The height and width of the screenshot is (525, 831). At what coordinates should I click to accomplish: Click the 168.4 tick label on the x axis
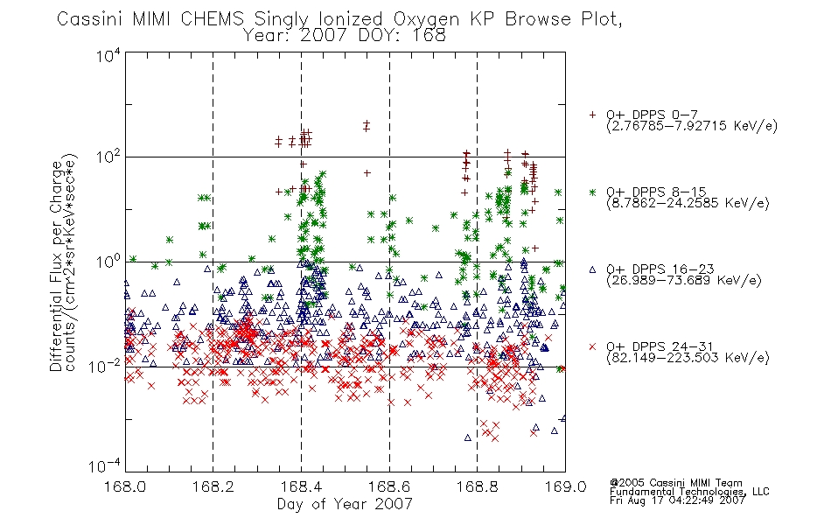(x=301, y=486)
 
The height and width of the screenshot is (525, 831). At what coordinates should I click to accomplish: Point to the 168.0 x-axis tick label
(x=125, y=486)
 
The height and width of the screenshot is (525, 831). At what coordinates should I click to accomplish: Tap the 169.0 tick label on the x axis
(x=565, y=486)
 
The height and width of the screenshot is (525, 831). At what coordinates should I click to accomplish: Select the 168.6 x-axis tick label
(x=388, y=486)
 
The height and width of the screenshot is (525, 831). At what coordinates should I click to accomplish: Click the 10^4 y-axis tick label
(x=109, y=55)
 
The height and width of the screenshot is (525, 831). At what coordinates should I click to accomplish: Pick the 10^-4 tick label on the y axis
(x=106, y=465)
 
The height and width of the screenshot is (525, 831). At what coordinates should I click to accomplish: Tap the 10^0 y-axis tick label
(x=109, y=262)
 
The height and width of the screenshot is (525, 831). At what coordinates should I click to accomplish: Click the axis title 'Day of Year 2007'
(x=345, y=504)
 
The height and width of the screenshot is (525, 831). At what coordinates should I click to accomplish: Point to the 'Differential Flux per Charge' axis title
(x=56, y=266)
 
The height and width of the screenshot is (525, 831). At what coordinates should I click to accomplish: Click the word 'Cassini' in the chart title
(x=90, y=19)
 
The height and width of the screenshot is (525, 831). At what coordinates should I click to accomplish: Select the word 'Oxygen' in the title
(x=426, y=19)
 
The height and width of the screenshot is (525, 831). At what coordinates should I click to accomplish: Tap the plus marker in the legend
(x=592, y=115)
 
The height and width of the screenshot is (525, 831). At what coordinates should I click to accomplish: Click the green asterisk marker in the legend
(x=592, y=192)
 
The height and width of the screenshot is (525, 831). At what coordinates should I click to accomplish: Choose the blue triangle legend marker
(x=592, y=269)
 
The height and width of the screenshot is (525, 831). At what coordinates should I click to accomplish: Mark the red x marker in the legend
(x=592, y=346)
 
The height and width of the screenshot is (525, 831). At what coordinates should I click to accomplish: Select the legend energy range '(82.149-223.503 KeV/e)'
(x=688, y=358)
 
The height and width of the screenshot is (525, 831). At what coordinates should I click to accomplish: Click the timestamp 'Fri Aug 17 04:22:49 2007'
(x=677, y=500)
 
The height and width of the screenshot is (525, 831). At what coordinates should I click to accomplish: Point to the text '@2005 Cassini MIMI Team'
(x=675, y=483)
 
